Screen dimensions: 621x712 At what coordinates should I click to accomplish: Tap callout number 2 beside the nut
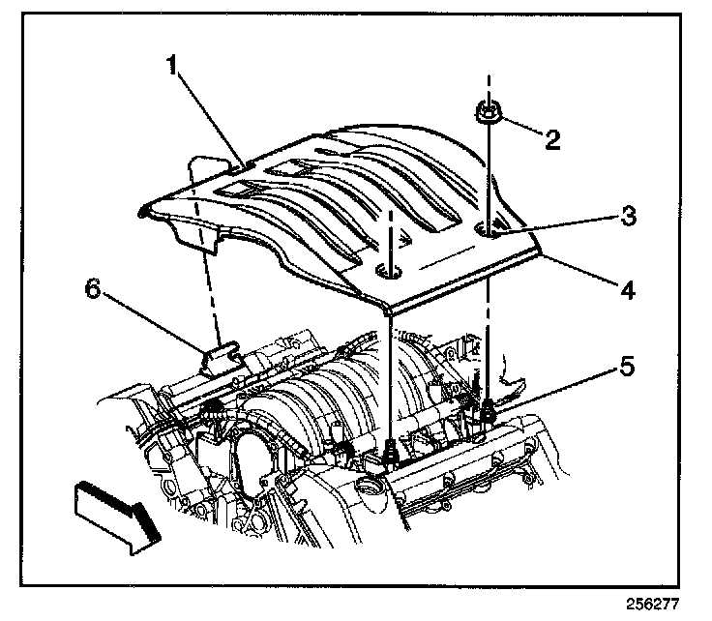(553, 139)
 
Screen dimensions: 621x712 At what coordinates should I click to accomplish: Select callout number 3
(629, 217)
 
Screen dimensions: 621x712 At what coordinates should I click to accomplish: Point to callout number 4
(629, 287)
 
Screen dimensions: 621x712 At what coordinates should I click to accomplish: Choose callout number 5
(629, 369)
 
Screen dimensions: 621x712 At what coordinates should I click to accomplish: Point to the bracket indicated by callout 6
(222, 357)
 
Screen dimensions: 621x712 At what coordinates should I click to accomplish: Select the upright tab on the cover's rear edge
(204, 169)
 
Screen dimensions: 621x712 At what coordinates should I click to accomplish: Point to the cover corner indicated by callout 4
(538, 253)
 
